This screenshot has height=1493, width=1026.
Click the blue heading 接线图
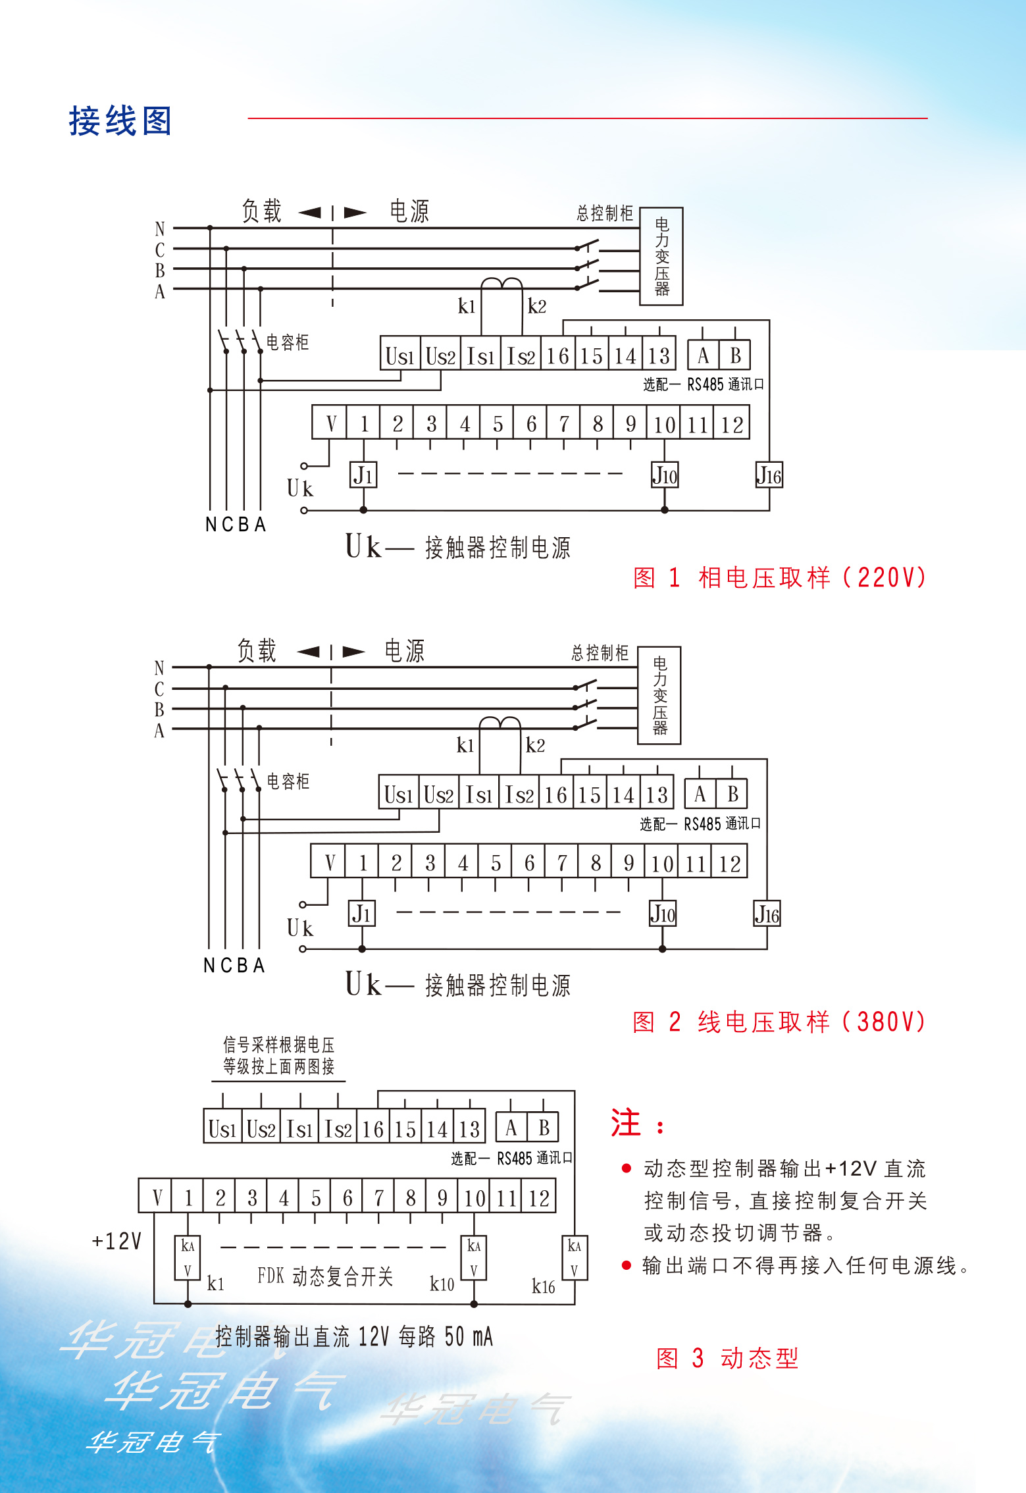pyautogui.click(x=120, y=121)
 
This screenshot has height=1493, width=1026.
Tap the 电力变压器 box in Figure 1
pyautogui.click(x=661, y=257)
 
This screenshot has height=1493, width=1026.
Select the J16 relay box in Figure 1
pyautogui.click(x=769, y=475)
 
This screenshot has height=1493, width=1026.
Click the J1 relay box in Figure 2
pyautogui.click(x=361, y=914)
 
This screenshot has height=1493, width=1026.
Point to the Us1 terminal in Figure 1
pyautogui.click(x=399, y=356)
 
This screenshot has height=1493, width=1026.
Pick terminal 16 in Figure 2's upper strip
pyautogui.click(x=556, y=795)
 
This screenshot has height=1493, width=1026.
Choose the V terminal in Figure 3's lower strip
pyautogui.click(x=156, y=1197)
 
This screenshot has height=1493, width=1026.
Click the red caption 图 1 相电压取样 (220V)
pyautogui.click(x=779, y=578)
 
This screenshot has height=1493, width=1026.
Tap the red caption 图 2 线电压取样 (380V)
pyautogui.click(x=779, y=1022)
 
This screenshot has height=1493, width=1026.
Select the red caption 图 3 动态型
pyautogui.click(x=727, y=1358)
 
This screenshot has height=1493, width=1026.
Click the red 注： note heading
pyautogui.click(x=636, y=1123)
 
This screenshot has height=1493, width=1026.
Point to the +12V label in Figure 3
pyautogui.click(x=116, y=1241)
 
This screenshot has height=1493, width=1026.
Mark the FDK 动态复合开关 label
pyautogui.click(x=325, y=1276)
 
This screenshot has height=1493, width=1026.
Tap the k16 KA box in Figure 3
pyautogui.click(x=574, y=1257)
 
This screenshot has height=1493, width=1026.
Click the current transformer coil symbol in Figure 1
pyautogui.click(x=501, y=284)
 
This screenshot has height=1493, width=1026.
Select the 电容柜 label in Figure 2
pyautogui.click(x=288, y=781)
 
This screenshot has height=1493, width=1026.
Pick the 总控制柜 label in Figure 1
pyautogui.click(x=604, y=213)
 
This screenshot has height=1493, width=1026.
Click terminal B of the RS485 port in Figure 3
pyautogui.click(x=544, y=1128)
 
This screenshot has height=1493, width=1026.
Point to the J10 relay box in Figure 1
pyautogui.click(x=665, y=475)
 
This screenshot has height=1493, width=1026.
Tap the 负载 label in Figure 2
pyautogui.click(x=257, y=651)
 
